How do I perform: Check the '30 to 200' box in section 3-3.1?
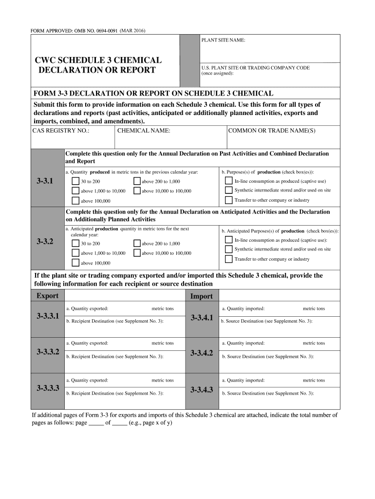(x=75, y=181)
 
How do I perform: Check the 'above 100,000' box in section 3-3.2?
(x=75, y=263)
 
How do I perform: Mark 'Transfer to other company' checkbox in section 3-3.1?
(x=228, y=200)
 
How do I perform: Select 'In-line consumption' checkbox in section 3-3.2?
(x=228, y=240)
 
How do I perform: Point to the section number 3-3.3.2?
(x=48, y=351)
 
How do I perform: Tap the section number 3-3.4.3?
(x=202, y=390)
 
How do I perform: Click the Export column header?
(x=47, y=296)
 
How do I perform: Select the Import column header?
(x=201, y=296)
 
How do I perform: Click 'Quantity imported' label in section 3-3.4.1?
(x=244, y=308)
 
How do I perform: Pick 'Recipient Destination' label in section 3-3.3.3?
(x=115, y=393)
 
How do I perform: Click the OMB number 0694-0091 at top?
(x=112, y=31)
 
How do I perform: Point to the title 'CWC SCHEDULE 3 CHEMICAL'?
(x=98, y=60)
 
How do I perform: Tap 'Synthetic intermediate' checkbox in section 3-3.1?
(x=228, y=190)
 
